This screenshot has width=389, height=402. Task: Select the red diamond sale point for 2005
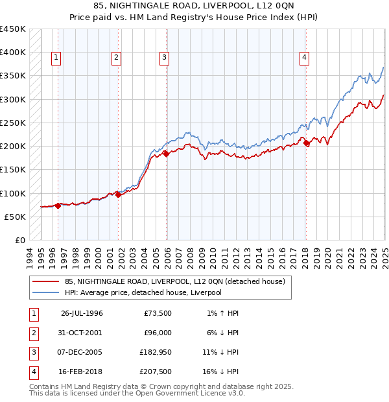click(x=166, y=154)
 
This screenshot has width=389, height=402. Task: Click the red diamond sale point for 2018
click(x=307, y=143)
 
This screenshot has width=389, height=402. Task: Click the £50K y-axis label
click(x=16, y=217)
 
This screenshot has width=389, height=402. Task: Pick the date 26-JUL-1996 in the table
click(x=82, y=313)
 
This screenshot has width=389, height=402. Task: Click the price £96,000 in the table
click(x=158, y=333)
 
